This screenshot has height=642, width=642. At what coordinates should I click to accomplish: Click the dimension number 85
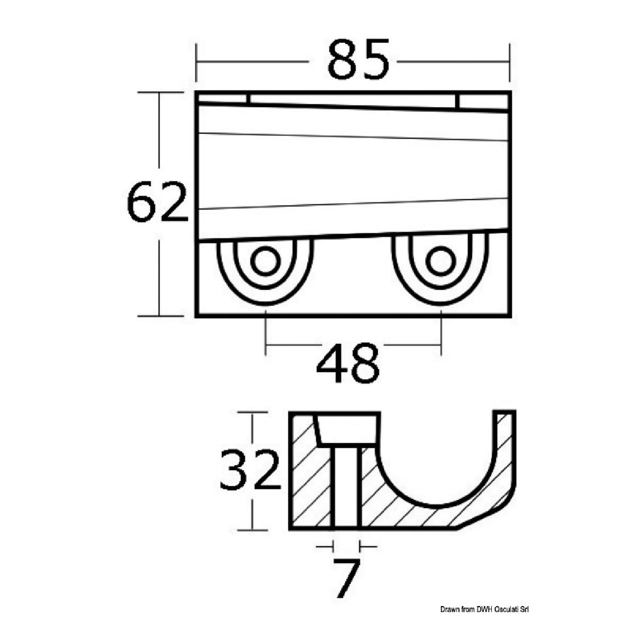click(x=358, y=60)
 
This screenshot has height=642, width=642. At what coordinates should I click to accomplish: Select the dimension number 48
click(x=347, y=364)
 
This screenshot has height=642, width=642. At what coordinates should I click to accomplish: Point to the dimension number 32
click(x=250, y=470)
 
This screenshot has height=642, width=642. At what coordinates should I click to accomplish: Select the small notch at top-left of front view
click(x=222, y=99)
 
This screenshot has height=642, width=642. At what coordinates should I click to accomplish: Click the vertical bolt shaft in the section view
click(x=346, y=487)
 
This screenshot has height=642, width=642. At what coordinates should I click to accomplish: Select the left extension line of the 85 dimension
click(x=196, y=62)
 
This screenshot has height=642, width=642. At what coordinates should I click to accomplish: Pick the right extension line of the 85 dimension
click(x=509, y=62)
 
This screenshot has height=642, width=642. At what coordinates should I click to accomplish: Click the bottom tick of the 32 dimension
click(x=252, y=529)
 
